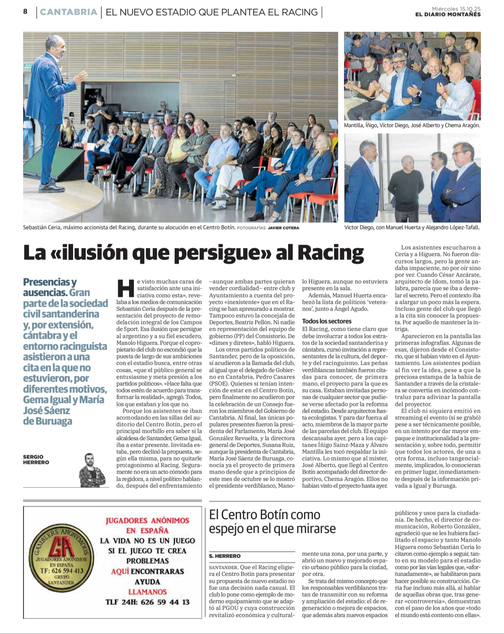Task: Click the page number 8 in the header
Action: (25, 12)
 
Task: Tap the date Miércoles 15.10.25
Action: (456, 8)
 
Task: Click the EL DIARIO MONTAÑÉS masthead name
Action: (448, 15)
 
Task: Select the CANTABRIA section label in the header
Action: (69, 12)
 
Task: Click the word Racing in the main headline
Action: (331, 253)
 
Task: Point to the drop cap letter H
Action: (125, 288)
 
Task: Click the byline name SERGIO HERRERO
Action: (36, 459)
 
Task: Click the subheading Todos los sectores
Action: (327, 321)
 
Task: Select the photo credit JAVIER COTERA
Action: (283, 228)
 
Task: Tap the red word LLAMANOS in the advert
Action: (147, 592)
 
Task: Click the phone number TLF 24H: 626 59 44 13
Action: (147, 602)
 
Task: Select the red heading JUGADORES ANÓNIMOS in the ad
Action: (147, 521)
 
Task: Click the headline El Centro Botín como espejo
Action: (272, 521)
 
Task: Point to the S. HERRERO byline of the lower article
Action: (225, 556)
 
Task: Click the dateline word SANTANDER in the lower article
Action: (223, 567)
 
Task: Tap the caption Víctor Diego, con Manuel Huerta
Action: (412, 227)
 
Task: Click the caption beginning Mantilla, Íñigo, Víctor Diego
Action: (412, 125)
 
